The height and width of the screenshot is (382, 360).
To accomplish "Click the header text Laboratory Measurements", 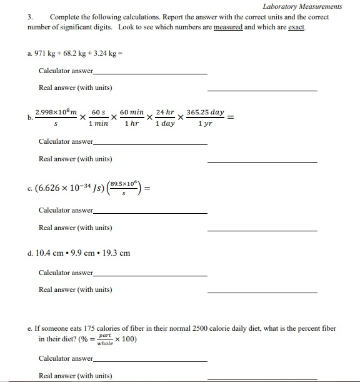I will point(302,6).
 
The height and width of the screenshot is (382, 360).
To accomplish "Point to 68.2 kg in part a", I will point(75,54).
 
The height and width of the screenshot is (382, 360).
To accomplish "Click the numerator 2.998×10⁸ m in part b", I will point(56,112).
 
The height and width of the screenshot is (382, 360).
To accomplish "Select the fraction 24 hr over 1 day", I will point(165,118).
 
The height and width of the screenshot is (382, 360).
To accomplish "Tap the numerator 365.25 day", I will point(205,112).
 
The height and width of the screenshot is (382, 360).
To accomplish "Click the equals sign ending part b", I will point(231,117).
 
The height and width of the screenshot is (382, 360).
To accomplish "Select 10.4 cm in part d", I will point(51,253).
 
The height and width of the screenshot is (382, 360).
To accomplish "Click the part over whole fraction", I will point(105,339).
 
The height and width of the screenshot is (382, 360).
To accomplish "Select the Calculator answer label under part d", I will point(66,273).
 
